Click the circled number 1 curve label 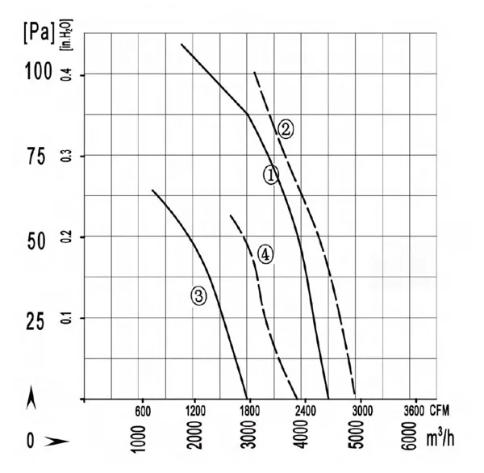[271, 175]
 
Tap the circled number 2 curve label [286, 129]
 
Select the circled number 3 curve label [198, 296]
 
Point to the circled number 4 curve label [265, 254]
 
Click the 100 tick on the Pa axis [39, 71]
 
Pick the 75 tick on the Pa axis [36, 156]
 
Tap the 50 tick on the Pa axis [36, 241]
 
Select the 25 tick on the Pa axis [35, 321]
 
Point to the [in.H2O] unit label [67, 35]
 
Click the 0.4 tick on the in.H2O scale [67, 75]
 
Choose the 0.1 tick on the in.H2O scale [67, 318]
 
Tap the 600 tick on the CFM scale [143, 412]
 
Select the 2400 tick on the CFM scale [306, 411]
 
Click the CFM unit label [440, 411]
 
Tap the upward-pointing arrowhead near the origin [31, 397]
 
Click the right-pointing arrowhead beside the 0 [56, 442]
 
